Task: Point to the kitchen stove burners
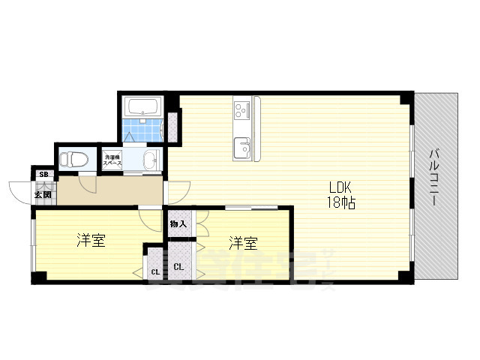[242, 110]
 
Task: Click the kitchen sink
[242, 147]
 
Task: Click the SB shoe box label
[43, 175]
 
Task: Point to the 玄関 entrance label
[43, 195]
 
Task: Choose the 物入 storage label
[178, 223]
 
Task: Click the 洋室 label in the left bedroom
[91, 241]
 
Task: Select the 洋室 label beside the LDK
[244, 243]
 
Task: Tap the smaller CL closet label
[154, 272]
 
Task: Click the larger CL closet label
[180, 266]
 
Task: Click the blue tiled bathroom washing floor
[142, 129]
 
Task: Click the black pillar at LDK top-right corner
[405, 97]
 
